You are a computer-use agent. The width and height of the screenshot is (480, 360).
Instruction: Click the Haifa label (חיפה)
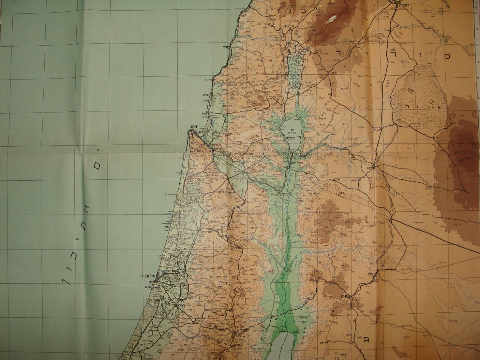coord(194,127)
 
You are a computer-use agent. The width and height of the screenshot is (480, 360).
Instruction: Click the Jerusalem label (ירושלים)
coord(242,331)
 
